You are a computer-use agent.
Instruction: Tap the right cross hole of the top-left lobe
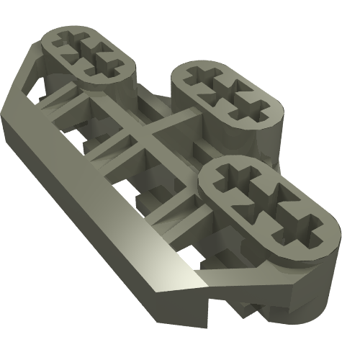(102, 60)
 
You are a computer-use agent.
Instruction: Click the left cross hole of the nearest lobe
(236, 178)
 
